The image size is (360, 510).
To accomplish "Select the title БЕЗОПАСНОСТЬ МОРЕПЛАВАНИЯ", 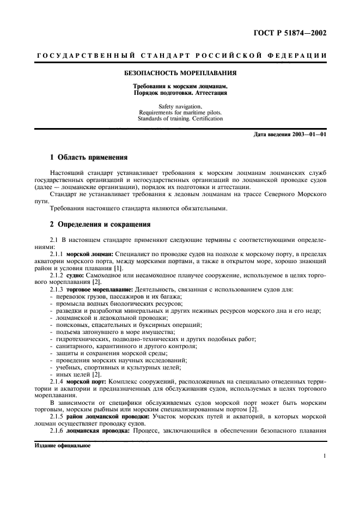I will tap(180, 73).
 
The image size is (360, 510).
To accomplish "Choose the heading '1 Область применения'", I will tap(88, 157).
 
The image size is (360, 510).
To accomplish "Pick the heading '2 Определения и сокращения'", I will tap(100, 224).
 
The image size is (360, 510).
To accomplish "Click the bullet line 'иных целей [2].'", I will tap(77, 374).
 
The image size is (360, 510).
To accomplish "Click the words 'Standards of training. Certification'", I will tap(180, 118).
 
